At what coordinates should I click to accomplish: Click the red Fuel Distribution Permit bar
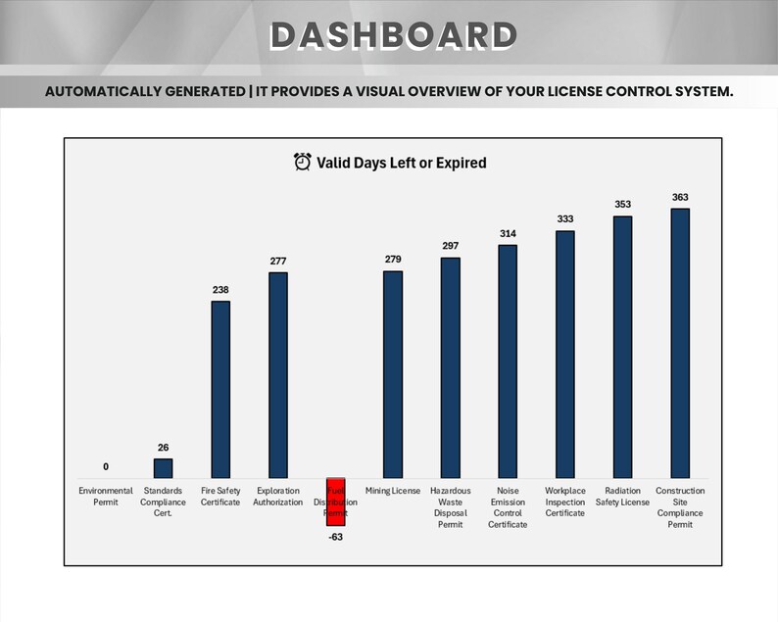(335, 502)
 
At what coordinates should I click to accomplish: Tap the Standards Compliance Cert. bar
(163, 468)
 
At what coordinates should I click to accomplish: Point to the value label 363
(680, 197)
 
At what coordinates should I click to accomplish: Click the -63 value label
(335, 537)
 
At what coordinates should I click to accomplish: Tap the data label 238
(220, 290)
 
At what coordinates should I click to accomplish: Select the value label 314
(508, 233)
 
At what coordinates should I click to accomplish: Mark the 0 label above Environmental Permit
(106, 466)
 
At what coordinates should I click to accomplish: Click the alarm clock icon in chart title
(303, 162)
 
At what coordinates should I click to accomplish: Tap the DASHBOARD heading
(393, 35)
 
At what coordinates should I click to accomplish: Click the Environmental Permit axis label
(106, 497)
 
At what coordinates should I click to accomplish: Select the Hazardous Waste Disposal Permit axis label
(450, 507)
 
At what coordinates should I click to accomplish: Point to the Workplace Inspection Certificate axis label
(564, 502)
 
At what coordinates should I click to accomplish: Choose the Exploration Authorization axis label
(277, 497)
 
